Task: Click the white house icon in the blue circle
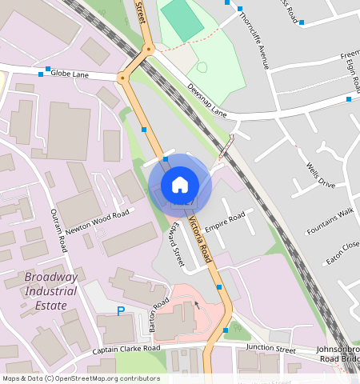[180, 185]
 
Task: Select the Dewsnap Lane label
[207, 101]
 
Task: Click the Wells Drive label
[321, 174]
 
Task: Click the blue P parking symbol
[122, 311]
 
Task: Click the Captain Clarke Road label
[126, 349]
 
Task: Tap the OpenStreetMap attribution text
[81, 378]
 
